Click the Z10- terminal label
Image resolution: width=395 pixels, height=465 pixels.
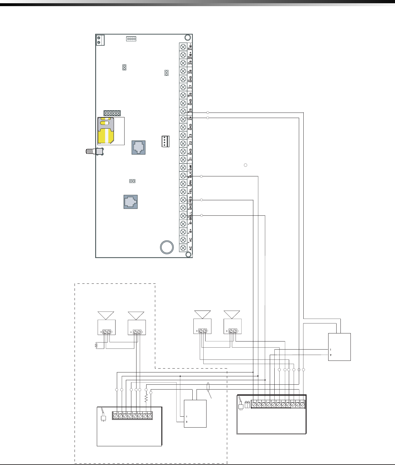[x=191, y=46]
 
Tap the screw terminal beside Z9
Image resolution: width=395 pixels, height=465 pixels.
[x=183, y=63]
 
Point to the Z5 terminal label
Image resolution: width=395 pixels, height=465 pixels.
[x=191, y=111]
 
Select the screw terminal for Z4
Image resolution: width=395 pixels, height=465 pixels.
[x=183, y=119]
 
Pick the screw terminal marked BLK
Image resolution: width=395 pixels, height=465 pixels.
[x=183, y=176]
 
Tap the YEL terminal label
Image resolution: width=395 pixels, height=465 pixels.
[x=191, y=191]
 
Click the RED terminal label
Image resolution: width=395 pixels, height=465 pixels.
[x=191, y=199]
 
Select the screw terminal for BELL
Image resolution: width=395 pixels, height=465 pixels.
[x=183, y=216]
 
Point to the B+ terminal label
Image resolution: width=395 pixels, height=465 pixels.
[x=191, y=231]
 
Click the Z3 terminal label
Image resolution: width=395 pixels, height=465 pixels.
[x=191, y=135]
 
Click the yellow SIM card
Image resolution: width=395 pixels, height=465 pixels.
[x=106, y=131]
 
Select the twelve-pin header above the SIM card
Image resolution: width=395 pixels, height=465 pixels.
[x=112, y=113]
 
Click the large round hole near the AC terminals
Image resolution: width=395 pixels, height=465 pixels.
[x=167, y=247]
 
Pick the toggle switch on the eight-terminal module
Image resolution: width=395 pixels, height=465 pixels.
[x=104, y=415]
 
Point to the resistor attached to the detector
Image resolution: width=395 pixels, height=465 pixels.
[x=96, y=346]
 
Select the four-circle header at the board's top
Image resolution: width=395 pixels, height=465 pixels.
[x=131, y=39]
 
